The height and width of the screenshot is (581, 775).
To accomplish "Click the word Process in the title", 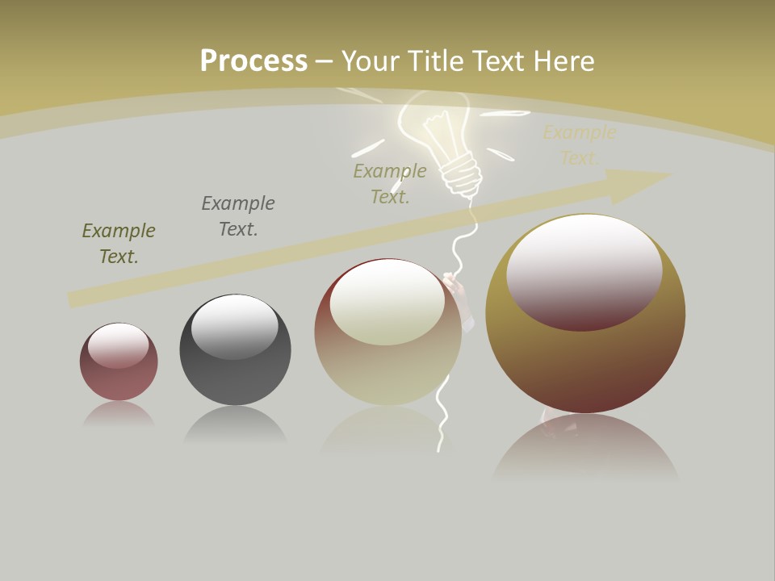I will tap(253, 61).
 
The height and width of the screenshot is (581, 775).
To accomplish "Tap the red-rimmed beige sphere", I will tap(387, 363).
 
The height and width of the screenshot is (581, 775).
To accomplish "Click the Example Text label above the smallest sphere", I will tap(119, 244).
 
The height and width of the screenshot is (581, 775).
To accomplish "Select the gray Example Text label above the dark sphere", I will tap(238, 216).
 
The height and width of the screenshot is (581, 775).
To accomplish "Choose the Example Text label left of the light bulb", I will tap(390, 184).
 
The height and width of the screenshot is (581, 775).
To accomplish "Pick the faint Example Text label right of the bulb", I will tap(579, 145).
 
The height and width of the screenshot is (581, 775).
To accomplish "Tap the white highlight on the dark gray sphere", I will tap(234, 324).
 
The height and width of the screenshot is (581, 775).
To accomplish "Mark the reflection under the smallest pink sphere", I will tap(119, 415).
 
